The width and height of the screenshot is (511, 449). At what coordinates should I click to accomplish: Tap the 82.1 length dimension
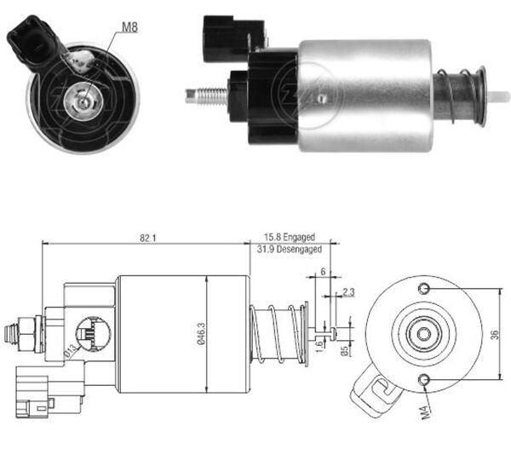point(148,237)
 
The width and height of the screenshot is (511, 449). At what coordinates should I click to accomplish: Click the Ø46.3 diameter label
point(202,333)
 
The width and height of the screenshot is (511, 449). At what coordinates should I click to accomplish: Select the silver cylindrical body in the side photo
point(366,94)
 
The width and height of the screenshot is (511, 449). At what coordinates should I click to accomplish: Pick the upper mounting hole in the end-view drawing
point(423,291)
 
